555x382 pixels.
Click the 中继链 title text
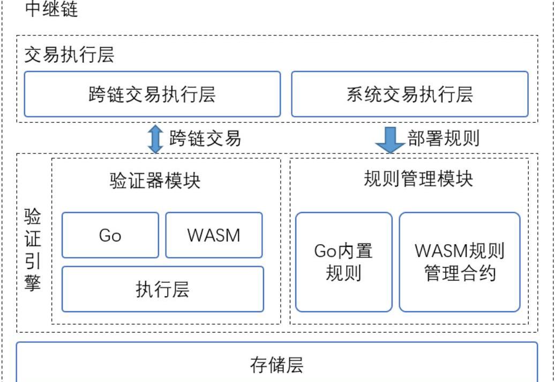click(x=51, y=9)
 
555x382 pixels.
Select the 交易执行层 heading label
click(x=69, y=55)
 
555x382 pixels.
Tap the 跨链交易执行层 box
click(x=152, y=94)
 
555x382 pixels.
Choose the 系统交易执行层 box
click(x=410, y=94)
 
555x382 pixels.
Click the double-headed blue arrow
click(x=155, y=139)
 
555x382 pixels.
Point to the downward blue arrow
click(x=389, y=139)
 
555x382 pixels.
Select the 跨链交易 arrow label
click(x=205, y=138)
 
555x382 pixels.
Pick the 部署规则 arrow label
click(x=444, y=138)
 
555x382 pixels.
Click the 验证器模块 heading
click(x=155, y=180)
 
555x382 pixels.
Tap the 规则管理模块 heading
click(x=418, y=179)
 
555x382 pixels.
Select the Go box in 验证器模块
click(x=110, y=235)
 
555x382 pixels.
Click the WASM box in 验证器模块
click(x=214, y=235)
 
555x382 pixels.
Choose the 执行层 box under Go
click(x=163, y=289)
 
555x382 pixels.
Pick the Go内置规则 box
click(x=343, y=262)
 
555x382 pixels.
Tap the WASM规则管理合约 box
click(x=460, y=262)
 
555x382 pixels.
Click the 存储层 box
click(x=277, y=363)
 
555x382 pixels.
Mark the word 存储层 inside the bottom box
click(x=277, y=365)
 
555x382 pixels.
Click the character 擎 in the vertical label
click(x=33, y=283)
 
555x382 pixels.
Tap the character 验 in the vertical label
click(x=33, y=217)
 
